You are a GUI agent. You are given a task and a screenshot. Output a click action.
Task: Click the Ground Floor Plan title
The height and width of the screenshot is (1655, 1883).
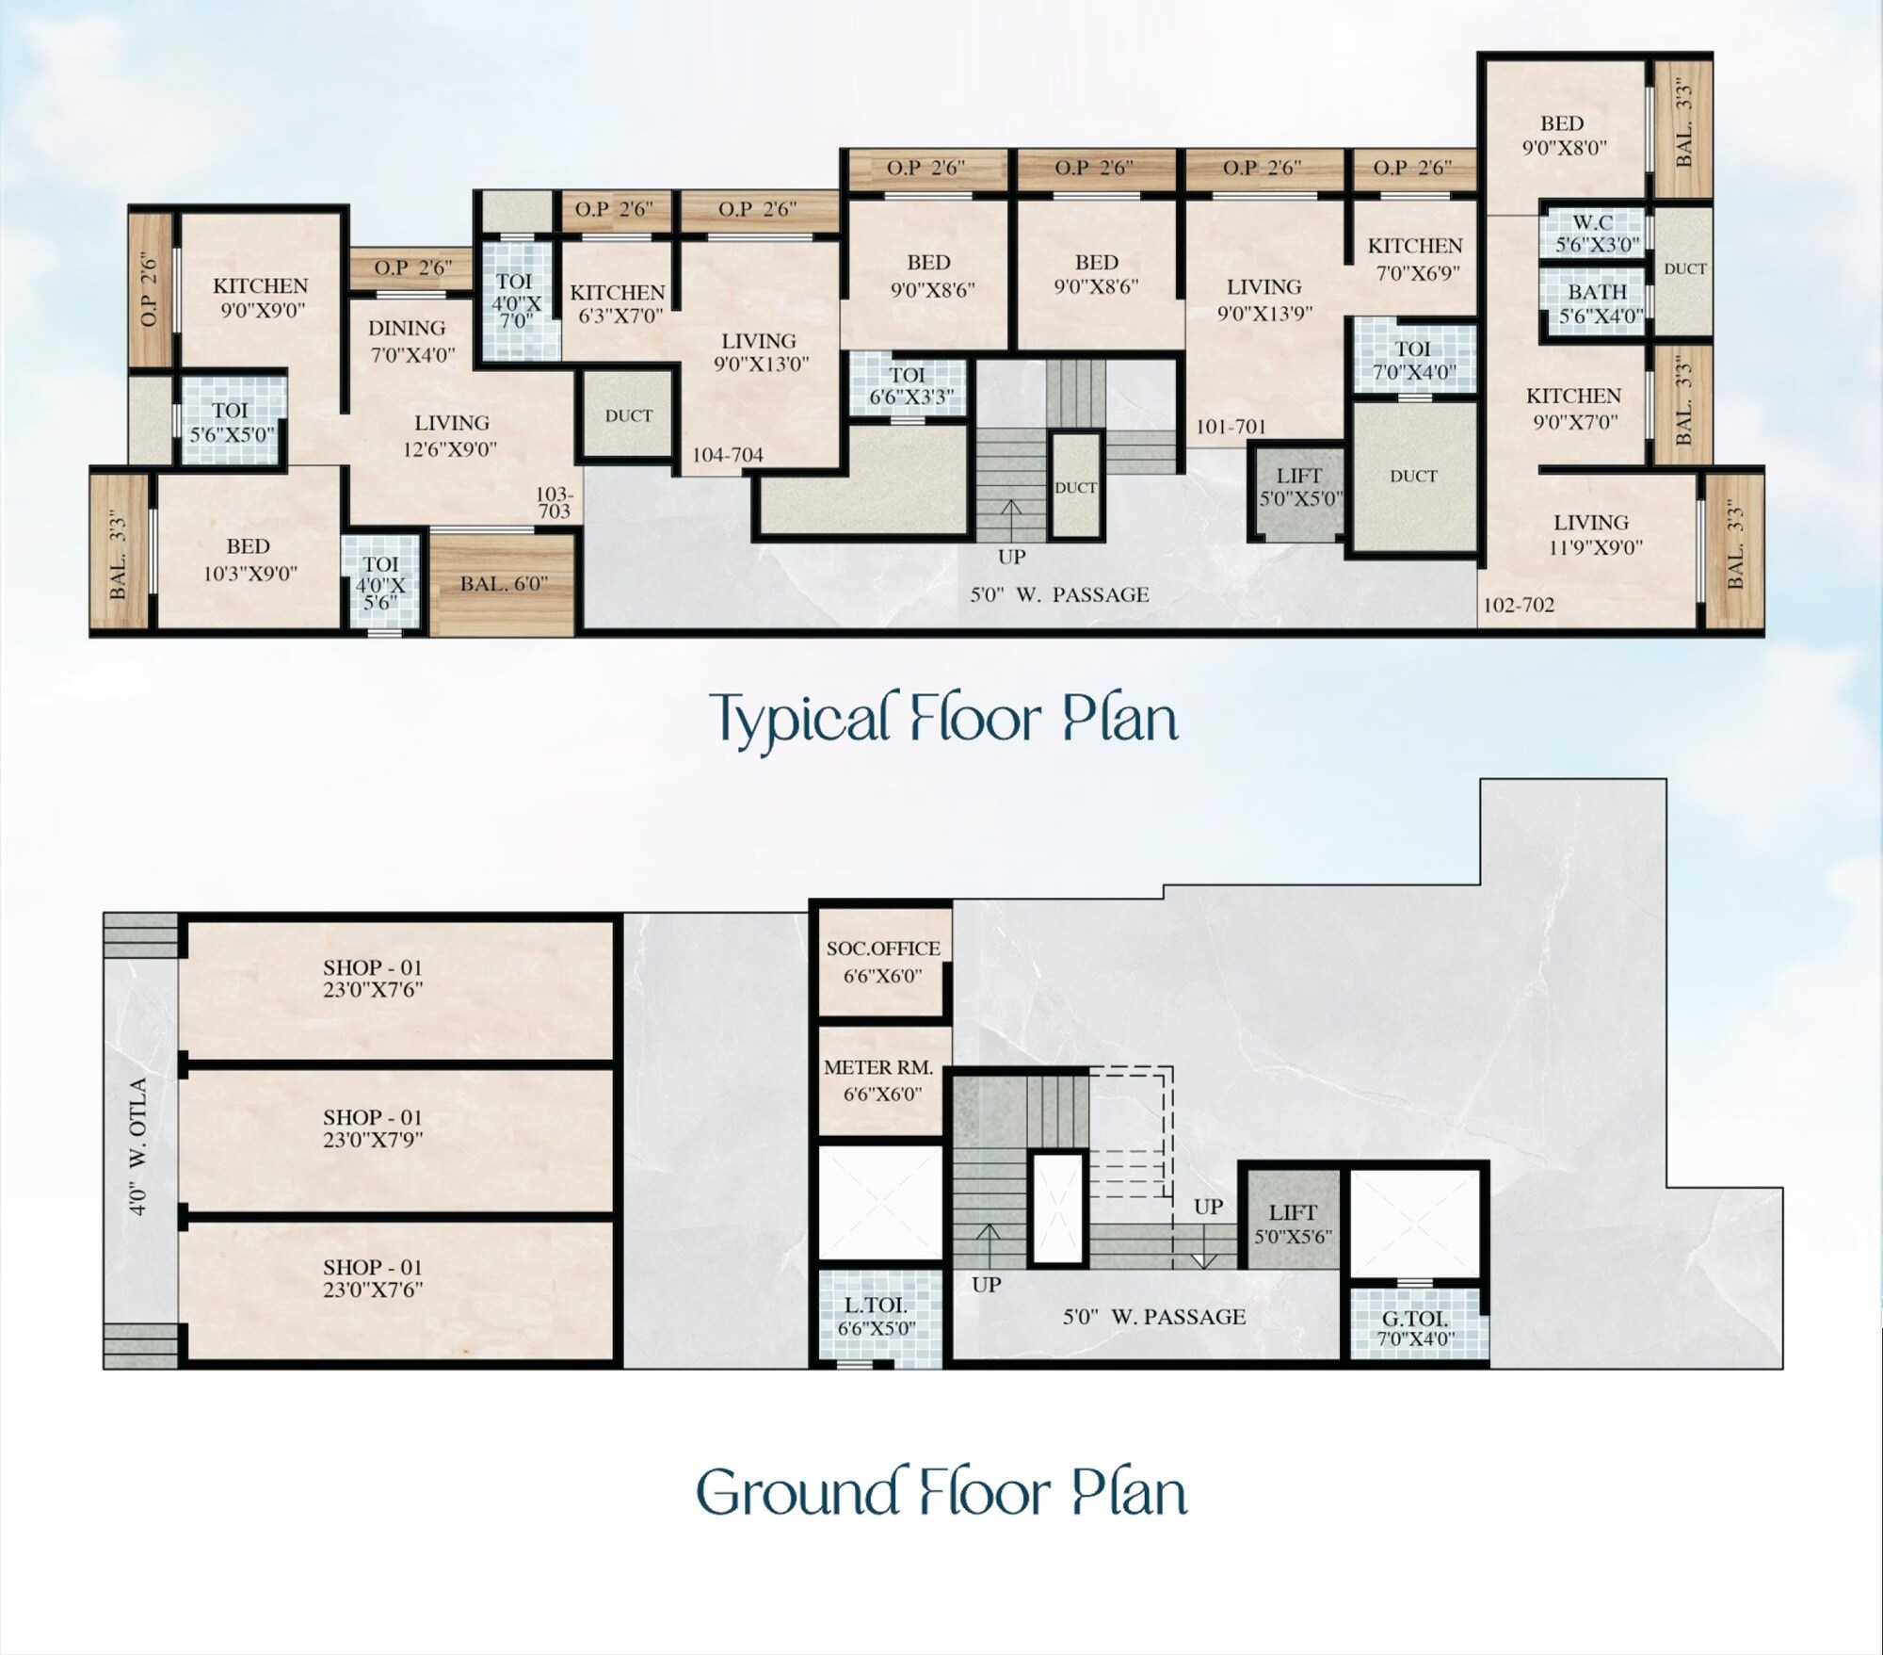coord(941,1493)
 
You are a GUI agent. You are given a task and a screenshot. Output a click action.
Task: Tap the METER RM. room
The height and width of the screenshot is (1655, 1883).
coord(882,1080)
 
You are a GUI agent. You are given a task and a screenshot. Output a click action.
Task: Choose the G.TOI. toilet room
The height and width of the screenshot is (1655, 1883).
coord(1416,1324)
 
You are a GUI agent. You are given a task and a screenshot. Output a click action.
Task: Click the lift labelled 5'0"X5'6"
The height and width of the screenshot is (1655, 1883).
coord(1294,1223)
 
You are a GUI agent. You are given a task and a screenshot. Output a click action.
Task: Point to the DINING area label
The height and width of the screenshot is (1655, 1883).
coord(407,329)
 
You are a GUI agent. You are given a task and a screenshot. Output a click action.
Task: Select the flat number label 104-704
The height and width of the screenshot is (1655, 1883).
coord(728,456)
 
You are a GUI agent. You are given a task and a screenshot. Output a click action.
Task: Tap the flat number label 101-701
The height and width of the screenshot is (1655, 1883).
coord(1231,428)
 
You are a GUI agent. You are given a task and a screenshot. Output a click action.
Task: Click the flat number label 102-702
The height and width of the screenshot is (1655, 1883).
coord(1519,606)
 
